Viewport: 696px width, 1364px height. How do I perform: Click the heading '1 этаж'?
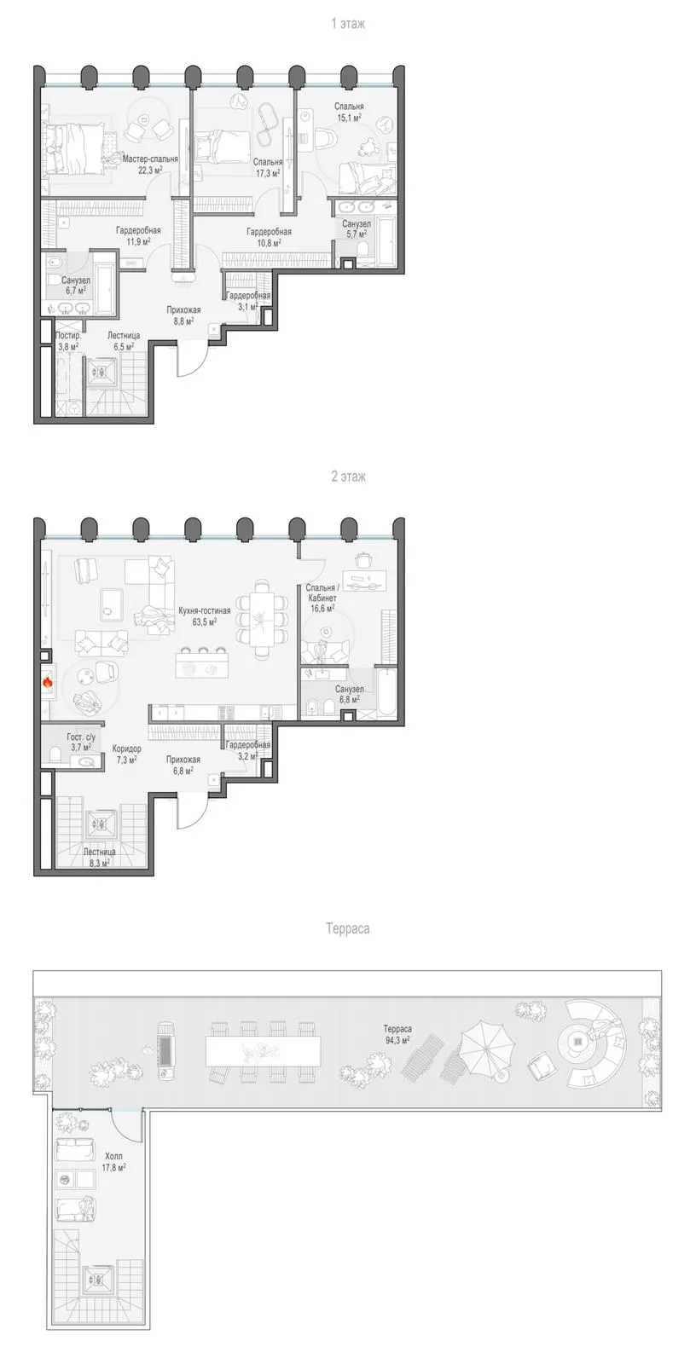[348, 24]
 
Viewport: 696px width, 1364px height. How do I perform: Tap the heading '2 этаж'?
[348, 477]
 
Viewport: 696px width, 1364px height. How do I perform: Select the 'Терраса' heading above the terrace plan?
[347, 928]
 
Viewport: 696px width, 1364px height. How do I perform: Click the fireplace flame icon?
[48, 682]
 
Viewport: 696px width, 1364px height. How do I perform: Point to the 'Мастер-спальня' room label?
[150, 159]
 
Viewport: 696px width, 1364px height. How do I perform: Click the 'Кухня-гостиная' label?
[204, 610]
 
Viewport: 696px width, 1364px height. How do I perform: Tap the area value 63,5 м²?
[204, 621]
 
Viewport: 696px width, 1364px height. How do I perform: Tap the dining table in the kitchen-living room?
[262, 619]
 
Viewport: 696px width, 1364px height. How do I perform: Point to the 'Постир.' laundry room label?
[68, 336]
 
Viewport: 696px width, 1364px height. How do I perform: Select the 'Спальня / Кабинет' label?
[322, 593]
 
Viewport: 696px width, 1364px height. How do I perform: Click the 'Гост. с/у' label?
[81, 737]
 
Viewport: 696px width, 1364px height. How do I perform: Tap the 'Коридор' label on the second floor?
[127, 748]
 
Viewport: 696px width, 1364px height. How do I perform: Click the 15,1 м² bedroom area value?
[349, 117]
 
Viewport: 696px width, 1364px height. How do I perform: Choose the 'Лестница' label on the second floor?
[99, 852]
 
